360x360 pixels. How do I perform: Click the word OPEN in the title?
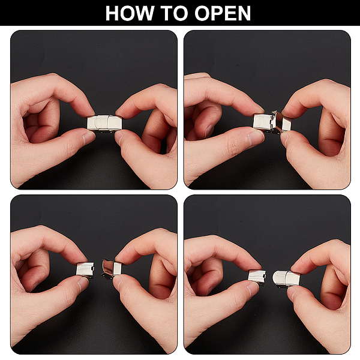coord(223,13)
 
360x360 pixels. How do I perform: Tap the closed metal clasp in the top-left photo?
coord(104,123)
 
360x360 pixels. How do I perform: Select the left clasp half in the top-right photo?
coord(263,122)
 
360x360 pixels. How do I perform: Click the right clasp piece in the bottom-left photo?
coord(112,268)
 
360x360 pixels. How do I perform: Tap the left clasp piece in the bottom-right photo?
coord(257,276)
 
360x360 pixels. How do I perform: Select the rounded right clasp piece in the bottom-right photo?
coord(286,278)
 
